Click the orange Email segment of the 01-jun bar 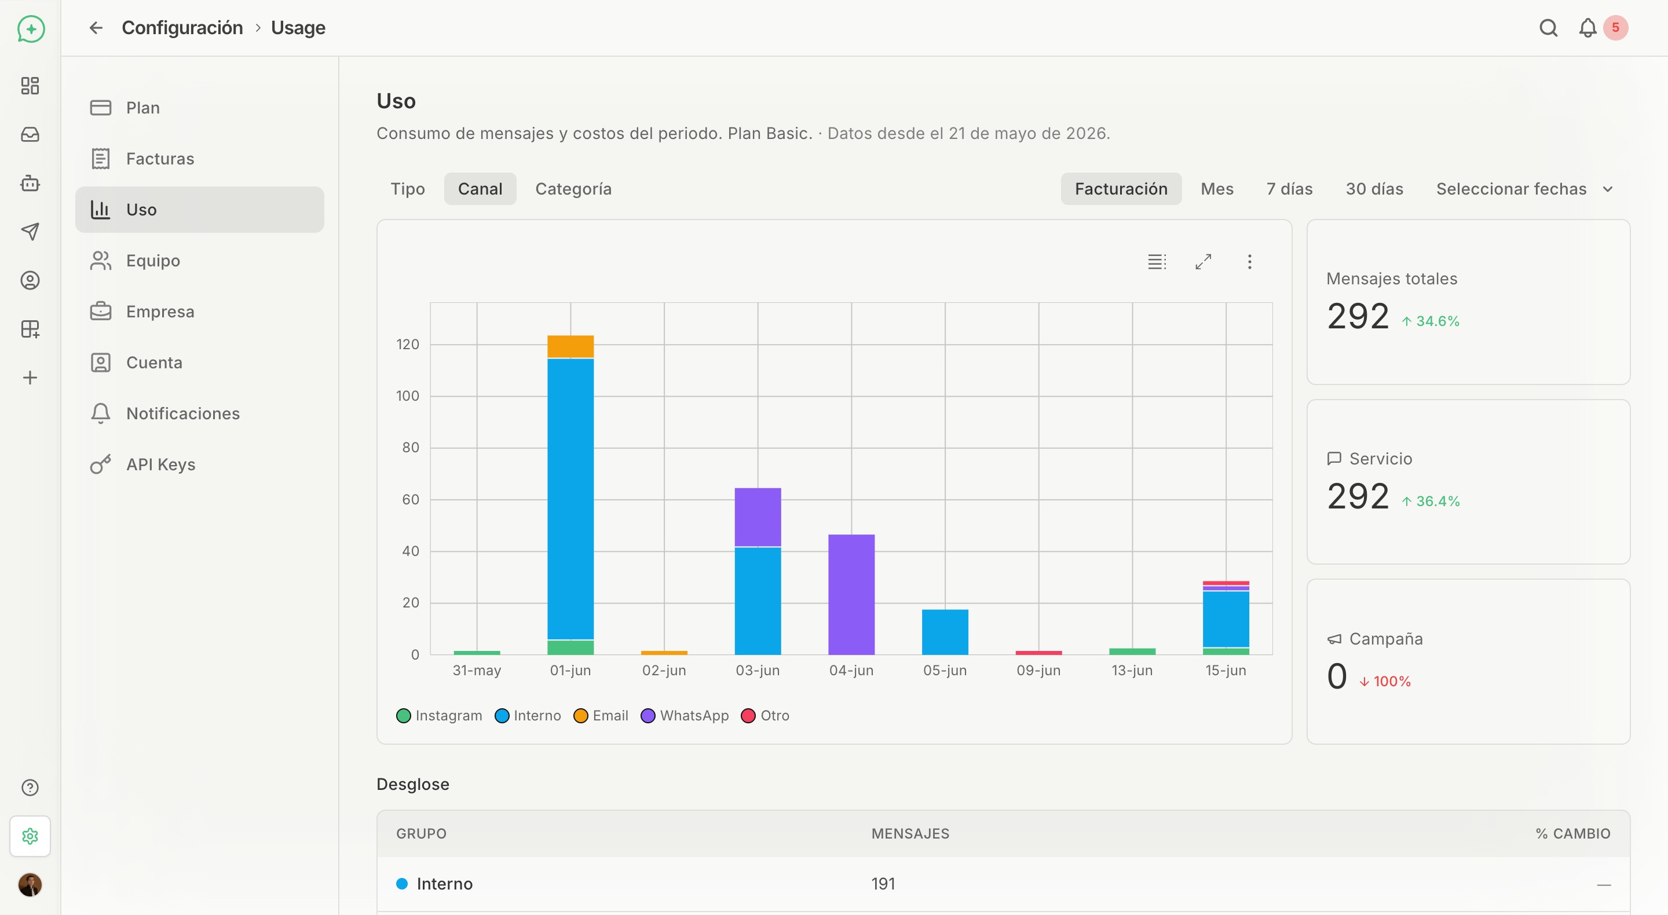coord(570,346)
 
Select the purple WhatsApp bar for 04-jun coord(851,594)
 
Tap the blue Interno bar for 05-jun coord(945,632)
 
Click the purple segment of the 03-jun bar coord(758,517)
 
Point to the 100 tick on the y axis coord(407,396)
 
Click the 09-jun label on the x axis coord(1038,670)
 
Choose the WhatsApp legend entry coord(685,716)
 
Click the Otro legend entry coord(765,716)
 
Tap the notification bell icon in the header coord(1587,28)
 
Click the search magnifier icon coord(1548,28)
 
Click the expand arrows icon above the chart coord(1203,262)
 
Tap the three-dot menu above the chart coord(1250,262)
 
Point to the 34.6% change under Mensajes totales coord(1431,321)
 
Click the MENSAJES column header coord(910,833)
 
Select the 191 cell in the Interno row coord(883,884)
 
